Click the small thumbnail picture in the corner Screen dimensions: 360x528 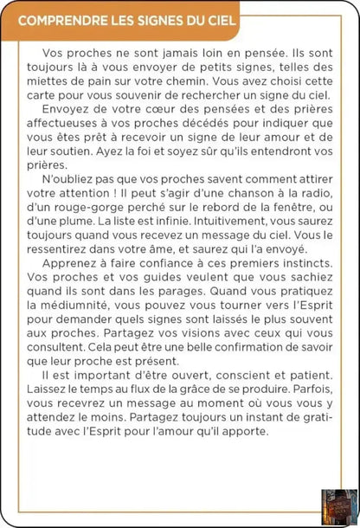pos(338,507)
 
